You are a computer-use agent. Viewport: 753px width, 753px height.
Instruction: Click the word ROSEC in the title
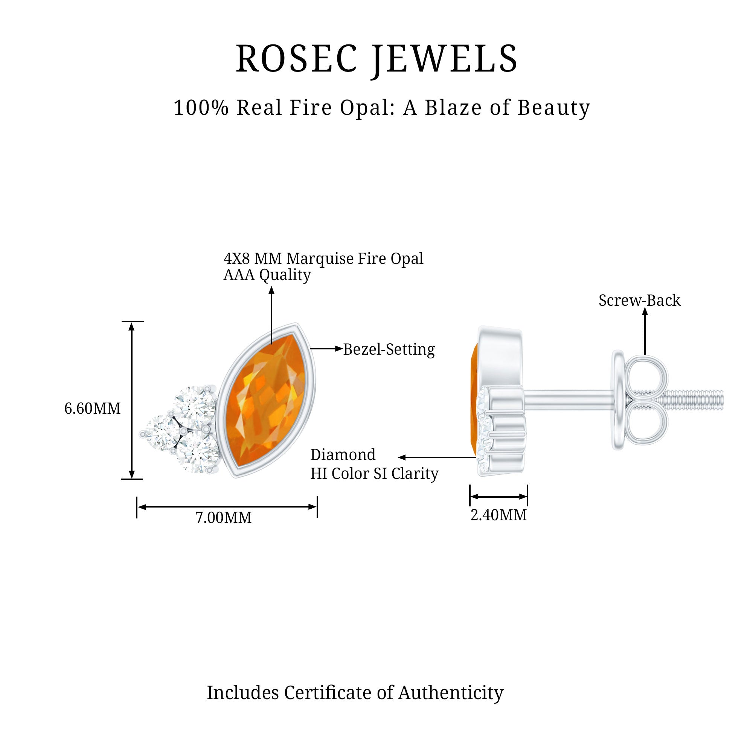click(x=296, y=59)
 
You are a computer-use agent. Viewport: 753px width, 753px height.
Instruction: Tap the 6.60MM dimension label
click(x=92, y=409)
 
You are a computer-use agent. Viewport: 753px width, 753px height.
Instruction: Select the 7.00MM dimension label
click(x=223, y=518)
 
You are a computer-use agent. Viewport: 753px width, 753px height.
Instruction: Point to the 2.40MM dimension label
click(x=498, y=515)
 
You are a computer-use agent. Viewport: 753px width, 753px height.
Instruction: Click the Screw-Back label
click(x=639, y=300)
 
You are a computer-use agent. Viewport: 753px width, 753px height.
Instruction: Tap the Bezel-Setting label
click(x=389, y=349)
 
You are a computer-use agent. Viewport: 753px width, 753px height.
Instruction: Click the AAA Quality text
click(x=267, y=275)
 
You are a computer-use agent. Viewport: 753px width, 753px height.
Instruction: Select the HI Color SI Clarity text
click(x=374, y=474)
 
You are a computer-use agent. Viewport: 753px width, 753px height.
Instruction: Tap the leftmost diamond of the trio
click(x=160, y=433)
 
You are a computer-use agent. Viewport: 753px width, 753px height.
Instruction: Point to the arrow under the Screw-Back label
click(x=645, y=331)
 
